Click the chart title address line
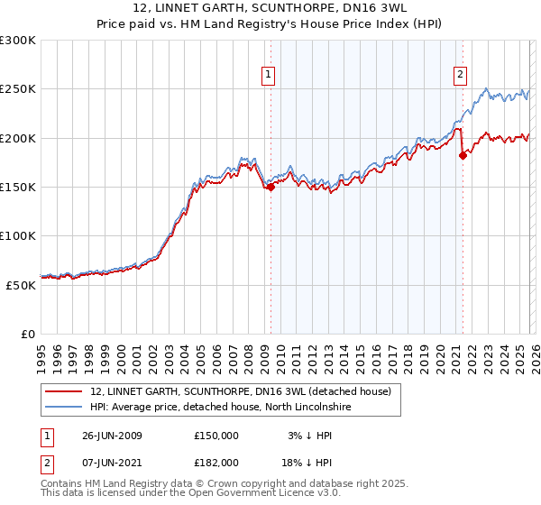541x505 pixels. [270, 8]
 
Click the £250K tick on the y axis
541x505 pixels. [18, 89]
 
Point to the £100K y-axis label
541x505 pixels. [18, 235]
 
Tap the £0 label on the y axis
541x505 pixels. [29, 334]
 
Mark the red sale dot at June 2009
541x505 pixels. [270, 187]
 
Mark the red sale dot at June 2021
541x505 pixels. [463, 155]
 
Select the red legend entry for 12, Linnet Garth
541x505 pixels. [240, 391]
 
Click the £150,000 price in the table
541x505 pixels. [216, 436]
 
